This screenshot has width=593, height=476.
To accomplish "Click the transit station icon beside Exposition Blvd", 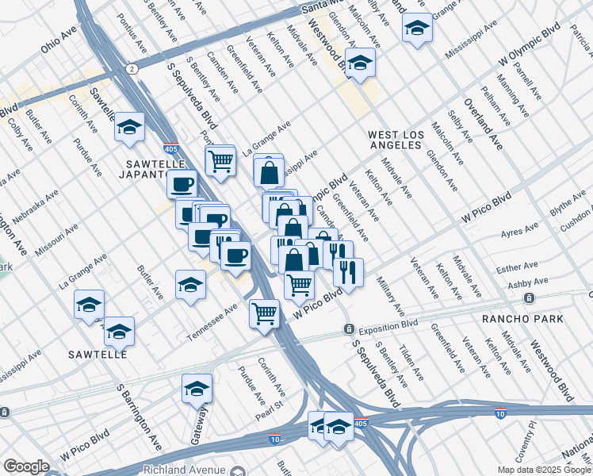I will [x=348, y=328].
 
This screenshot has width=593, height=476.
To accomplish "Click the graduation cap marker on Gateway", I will [x=197, y=389].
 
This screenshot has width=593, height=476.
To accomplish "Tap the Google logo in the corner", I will [x=26, y=466].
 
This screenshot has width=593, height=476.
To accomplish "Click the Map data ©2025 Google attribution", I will [x=544, y=470].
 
